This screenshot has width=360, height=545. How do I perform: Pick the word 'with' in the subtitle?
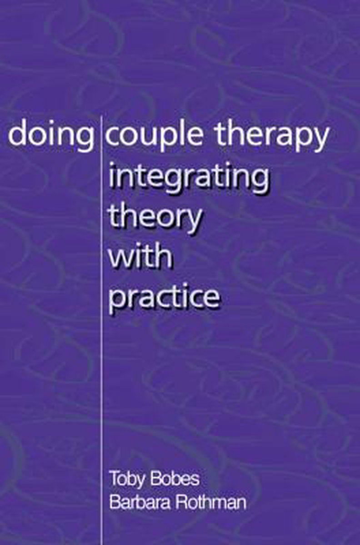pos(140,255)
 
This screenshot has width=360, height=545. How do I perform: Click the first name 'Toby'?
pos(127,479)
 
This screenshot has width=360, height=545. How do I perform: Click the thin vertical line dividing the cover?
pos(101,331)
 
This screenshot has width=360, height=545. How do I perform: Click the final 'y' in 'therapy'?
pos(320,140)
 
